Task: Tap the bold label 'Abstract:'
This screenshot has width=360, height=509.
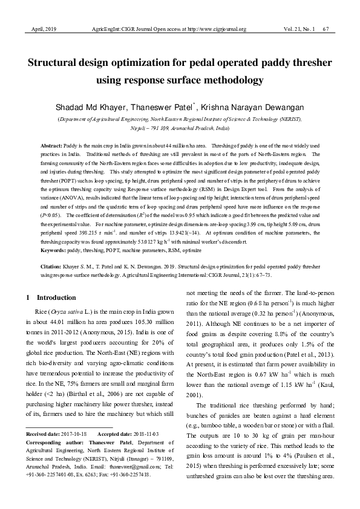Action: [51, 147]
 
